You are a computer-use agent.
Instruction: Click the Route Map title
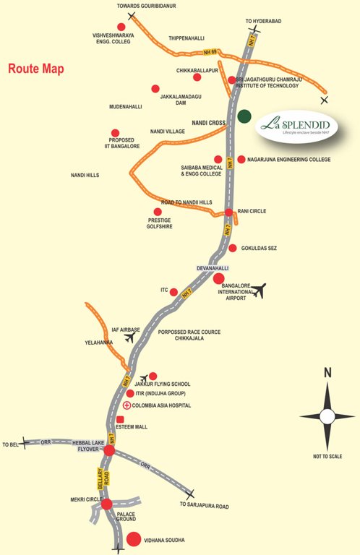pos(35,69)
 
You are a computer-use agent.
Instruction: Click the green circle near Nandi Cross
pos(245,116)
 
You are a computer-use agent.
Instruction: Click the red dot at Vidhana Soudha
pos(134,539)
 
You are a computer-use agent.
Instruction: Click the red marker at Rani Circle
pos(228,212)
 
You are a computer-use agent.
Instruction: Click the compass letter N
pos(327,373)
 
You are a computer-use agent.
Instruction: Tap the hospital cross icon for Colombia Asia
pos(127,406)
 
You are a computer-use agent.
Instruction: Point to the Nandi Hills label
pos(85,175)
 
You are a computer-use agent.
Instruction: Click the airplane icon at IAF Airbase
pos(130,337)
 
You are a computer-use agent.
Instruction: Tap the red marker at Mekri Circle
pos(107,504)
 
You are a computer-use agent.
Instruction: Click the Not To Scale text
pos(327,457)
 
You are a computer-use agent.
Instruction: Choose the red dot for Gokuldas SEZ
pos(232,248)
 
